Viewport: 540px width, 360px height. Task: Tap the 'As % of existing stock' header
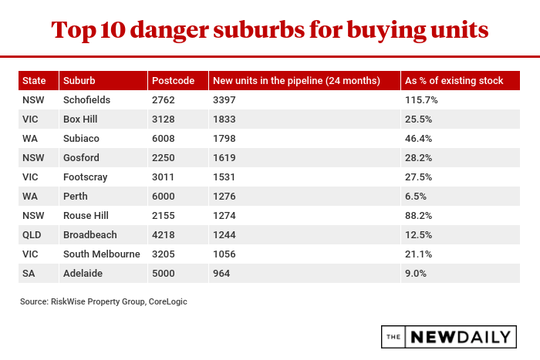(454, 80)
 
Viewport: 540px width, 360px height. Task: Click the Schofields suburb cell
(87, 100)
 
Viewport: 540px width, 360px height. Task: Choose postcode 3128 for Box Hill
(164, 119)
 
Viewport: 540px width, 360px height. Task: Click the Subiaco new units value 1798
(224, 139)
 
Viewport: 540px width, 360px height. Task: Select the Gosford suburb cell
(81, 158)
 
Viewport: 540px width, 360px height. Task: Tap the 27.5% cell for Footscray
(418, 177)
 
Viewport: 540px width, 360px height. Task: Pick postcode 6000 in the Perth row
(164, 197)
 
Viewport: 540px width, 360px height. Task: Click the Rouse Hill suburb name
(85, 216)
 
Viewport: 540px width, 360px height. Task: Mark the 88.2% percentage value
(418, 216)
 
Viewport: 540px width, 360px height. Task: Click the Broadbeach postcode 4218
(164, 235)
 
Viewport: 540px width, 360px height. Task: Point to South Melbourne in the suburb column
(102, 254)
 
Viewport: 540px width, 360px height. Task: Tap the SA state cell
(29, 274)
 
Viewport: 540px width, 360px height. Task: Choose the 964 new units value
(221, 274)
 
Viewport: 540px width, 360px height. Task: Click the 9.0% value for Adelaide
(415, 274)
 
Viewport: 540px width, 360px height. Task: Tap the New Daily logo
(448, 337)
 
